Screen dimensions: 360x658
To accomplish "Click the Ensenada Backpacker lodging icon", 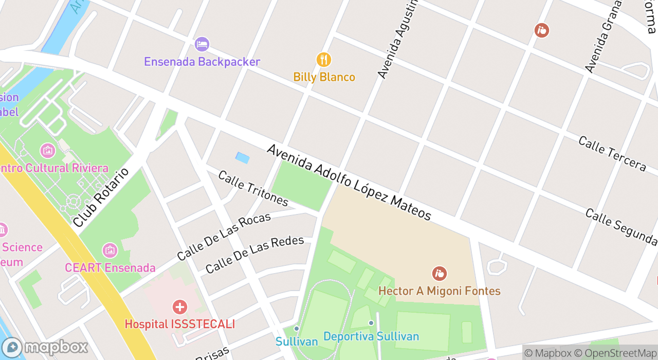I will coord(202,44).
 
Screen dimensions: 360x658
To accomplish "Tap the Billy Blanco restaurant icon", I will coord(323,60).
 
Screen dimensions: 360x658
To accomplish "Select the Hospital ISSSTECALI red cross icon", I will coord(179,308).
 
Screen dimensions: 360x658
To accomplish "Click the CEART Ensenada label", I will coord(110,268).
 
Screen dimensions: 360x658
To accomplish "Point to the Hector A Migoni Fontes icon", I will coord(439,274).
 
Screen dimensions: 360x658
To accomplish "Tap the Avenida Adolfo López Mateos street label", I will coord(349,183).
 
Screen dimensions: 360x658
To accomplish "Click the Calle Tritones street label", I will coord(253,188).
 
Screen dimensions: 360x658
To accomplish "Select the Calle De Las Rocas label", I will coord(224,236).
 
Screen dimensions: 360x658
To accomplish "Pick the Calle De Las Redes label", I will coord(254,255).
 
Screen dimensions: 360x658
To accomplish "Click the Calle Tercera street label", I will coord(612,153).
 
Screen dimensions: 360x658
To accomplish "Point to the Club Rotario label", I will coord(101,197).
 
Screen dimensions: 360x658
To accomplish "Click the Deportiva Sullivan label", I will coord(371,337).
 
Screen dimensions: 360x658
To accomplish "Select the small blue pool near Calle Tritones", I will coord(242,158).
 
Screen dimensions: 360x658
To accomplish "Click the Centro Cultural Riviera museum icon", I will coord(47,151).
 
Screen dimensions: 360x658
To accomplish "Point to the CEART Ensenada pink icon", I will coord(110,250).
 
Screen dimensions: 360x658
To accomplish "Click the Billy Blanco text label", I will coord(324,77).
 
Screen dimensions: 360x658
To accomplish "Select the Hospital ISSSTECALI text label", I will coord(179,324).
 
